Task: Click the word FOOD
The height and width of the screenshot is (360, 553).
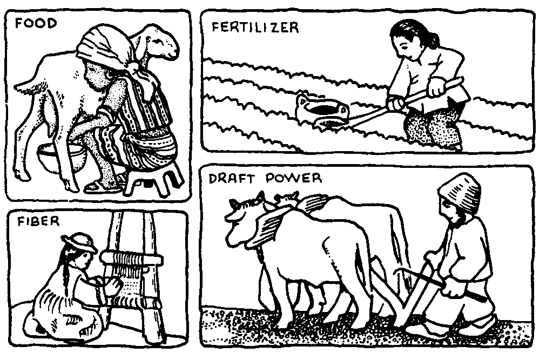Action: tap(36, 24)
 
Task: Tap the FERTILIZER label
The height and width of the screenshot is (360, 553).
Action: tap(255, 27)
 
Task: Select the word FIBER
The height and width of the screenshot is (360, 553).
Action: tap(38, 221)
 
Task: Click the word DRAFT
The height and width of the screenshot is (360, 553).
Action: tap(231, 179)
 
